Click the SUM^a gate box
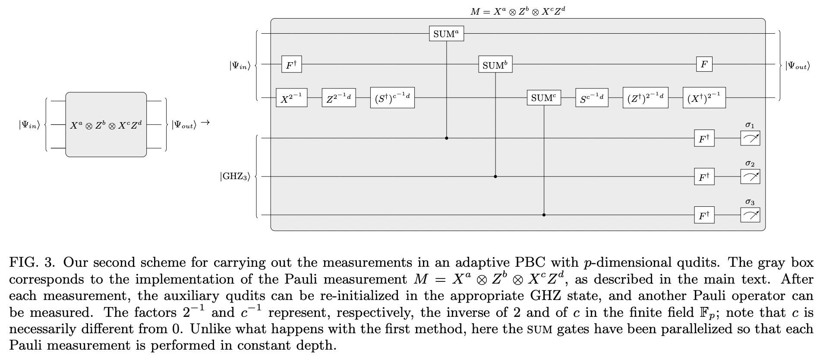coord(446,34)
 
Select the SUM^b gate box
coord(495,65)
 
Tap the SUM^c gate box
coord(544,98)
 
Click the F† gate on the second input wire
coord(291,65)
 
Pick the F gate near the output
coord(704,65)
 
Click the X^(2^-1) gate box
coord(291,98)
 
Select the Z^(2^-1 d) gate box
coord(339,98)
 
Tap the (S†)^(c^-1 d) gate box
coord(392,98)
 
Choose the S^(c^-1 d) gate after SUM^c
coord(592,98)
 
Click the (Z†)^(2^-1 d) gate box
coord(646,98)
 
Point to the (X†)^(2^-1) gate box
coord(704,98)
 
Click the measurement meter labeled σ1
coord(750,139)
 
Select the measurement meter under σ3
coord(750,215)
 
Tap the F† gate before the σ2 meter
coord(704,177)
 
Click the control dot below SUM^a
coord(446,138)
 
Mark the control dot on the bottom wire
coord(544,215)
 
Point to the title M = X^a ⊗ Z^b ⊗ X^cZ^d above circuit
coord(518,12)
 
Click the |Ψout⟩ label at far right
coord(797,66)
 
